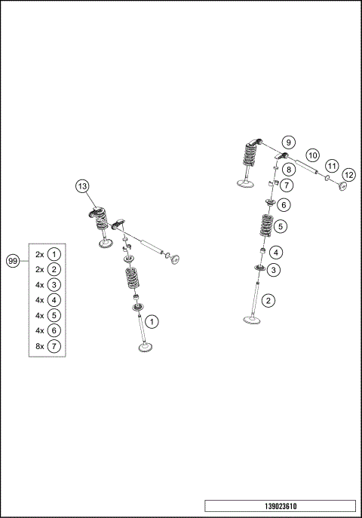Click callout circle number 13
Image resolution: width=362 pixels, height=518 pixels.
[82, 186]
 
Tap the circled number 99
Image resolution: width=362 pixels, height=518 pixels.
[13, 260]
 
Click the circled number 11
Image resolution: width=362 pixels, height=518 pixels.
[331, 166]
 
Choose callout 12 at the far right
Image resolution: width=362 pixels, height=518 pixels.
[348, 174]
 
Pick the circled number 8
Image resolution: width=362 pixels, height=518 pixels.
[288, 170]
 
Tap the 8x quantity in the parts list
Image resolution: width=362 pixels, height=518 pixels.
[39, 346]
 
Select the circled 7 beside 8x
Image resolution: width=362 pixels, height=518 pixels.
[54, 346]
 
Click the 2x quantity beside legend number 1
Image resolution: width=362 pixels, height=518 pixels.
[39, 254]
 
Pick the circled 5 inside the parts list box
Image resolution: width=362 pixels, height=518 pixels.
[54, 315]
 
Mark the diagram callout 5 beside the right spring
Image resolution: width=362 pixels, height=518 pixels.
[281, 225]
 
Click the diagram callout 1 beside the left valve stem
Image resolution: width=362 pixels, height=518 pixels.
[152, 321]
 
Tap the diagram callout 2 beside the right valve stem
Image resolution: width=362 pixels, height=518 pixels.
[269, 299]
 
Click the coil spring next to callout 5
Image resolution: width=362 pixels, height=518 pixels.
[265, 226]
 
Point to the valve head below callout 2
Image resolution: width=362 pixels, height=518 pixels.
[252, 320]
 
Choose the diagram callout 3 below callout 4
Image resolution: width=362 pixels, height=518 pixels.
[274, 269]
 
